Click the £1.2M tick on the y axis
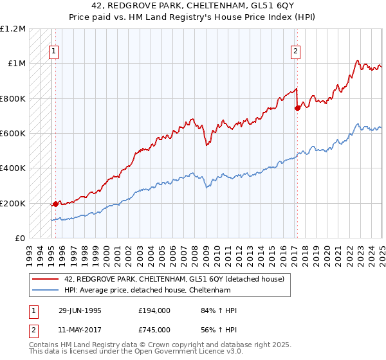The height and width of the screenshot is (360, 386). pos(12,29)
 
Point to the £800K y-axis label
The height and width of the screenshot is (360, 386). pos(12,98)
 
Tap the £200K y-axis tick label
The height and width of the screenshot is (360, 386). pos(12,203)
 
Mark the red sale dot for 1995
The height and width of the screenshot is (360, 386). pos(55,204)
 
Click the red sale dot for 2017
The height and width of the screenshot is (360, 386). pos(297,108)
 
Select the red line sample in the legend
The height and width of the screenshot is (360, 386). pos(46,278)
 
